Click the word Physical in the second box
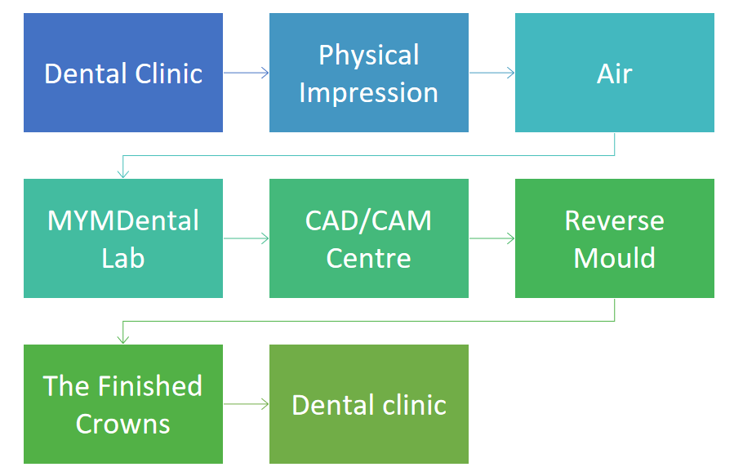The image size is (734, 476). [369, 56]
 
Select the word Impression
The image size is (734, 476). [369, 94]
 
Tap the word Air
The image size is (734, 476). [615, 74]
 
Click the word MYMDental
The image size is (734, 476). [123, 221]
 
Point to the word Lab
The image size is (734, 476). [123, 258]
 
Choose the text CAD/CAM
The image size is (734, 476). [368, 221]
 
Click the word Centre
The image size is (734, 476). [369, 258]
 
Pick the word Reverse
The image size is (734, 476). [615, 221]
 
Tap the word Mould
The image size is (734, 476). [615, 258]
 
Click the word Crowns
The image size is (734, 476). [123, 424]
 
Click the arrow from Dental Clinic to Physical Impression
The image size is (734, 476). [247, 73]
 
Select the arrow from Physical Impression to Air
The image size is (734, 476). [492, 73]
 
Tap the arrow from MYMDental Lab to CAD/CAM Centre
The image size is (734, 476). [247, 238]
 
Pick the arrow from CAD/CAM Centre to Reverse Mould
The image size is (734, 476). [492, 238]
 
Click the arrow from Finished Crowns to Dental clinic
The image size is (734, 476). [247, 404]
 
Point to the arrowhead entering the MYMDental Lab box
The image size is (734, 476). [123, 174]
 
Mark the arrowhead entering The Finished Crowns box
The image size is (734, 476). [123, 340]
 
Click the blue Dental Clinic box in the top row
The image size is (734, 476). [123, 73]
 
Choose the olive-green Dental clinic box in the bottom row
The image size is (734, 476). [369, 404]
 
